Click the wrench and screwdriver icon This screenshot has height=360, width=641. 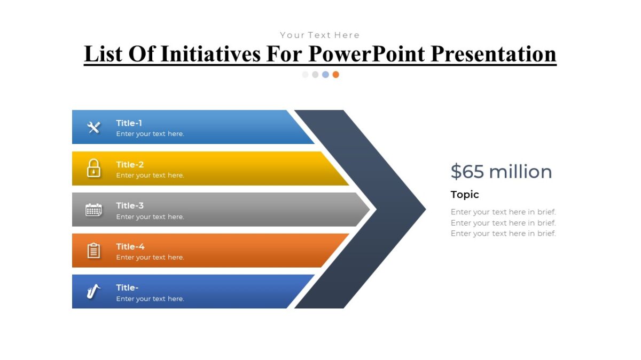94,127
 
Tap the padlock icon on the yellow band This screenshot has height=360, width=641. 94,168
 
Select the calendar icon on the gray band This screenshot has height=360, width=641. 93,210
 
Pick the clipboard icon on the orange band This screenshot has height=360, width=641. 94,251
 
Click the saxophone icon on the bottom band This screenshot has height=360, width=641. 93,292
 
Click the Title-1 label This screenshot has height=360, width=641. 129,123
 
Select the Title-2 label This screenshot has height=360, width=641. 130,165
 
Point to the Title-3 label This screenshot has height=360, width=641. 130,206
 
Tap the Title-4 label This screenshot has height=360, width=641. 130,247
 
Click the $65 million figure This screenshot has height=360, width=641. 501,172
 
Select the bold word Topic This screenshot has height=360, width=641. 465,195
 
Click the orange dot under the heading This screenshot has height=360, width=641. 335,75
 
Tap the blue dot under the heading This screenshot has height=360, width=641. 325,75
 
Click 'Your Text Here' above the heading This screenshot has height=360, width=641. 320,35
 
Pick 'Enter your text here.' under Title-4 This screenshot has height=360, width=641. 150,258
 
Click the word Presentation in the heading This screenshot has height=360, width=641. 493,54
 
